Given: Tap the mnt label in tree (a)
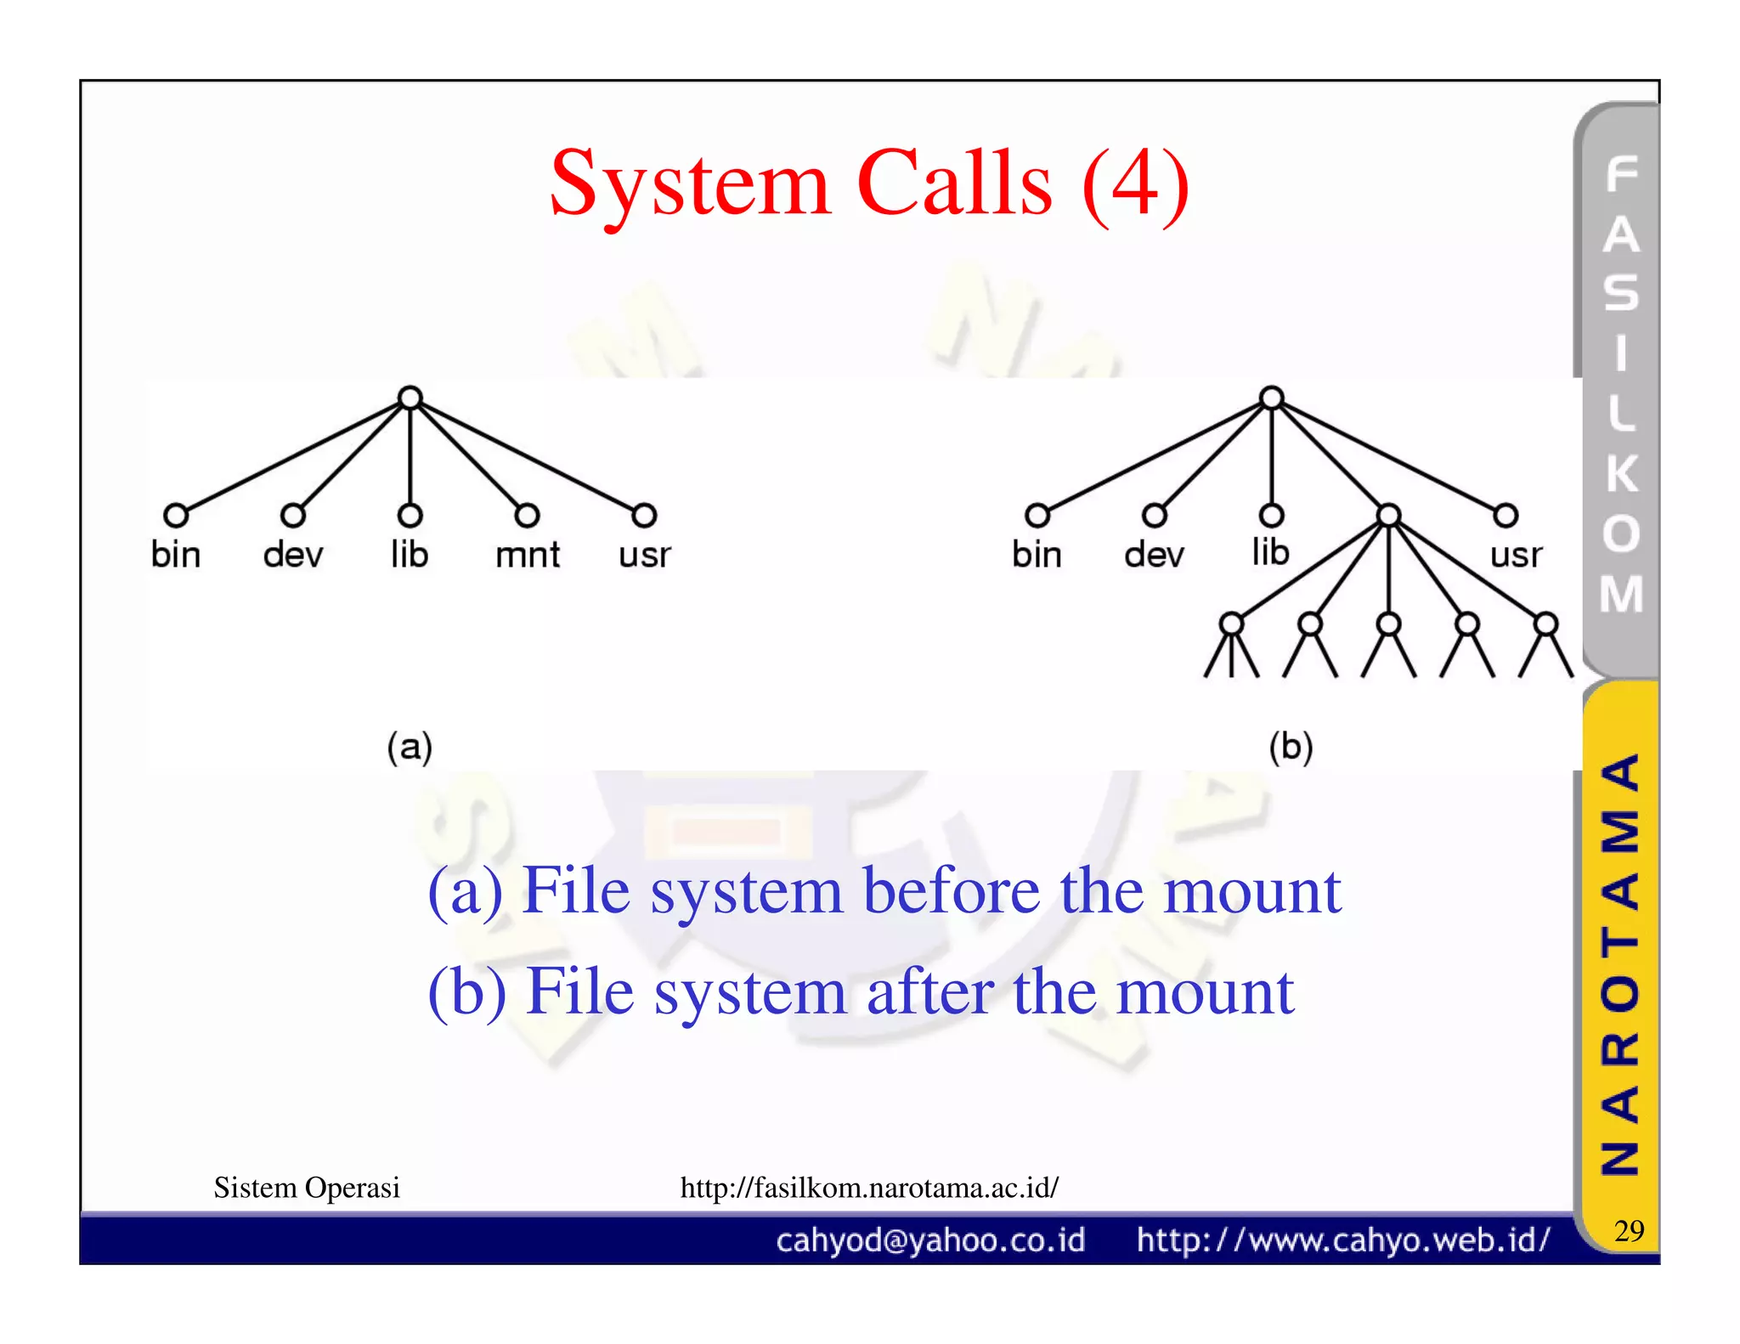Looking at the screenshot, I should point(528,555).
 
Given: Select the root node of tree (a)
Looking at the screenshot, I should point(410,398).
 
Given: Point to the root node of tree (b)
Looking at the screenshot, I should point(1271,398).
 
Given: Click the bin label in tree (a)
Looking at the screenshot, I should point(176,555).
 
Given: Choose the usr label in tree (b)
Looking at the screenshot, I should point(1516,555).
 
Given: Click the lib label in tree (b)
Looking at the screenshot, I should point(1270,552).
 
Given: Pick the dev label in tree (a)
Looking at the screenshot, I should point(293,555).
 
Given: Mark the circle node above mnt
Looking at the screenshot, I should point(527,515).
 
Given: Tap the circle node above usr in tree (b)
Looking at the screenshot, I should point(1506,515).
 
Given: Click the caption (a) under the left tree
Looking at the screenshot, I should point(410,747).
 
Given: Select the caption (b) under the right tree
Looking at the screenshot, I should point(1291,747).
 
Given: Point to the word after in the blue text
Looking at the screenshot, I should point(930,991).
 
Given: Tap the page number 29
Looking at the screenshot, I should point(1629,1230).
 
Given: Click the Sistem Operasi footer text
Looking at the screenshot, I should point(307,1187).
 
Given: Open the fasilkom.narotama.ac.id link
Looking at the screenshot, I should point(869,1187).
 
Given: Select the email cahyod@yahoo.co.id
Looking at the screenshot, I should point(930,1240).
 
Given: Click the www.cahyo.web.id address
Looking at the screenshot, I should point(1343,1240).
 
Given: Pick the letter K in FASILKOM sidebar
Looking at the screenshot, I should point(1621,473).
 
